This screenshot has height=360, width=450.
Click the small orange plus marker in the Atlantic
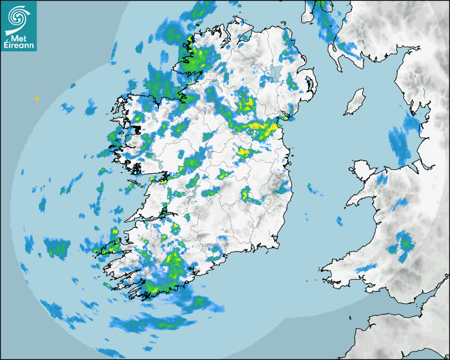37,98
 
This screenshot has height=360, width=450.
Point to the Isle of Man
355,102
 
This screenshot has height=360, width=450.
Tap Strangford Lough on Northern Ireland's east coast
309,85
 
